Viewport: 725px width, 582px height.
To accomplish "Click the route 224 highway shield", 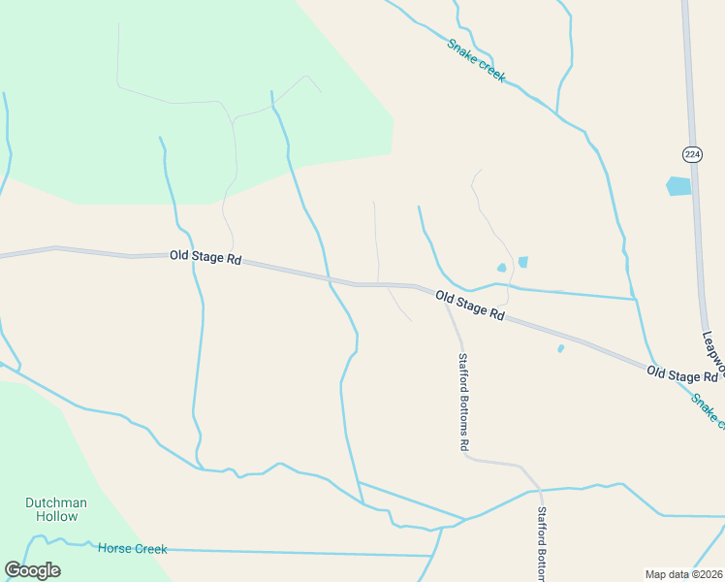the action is point(691,154).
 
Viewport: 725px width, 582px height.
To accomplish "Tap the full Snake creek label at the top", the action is point(476,60).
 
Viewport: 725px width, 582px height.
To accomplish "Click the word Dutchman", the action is point(56,502).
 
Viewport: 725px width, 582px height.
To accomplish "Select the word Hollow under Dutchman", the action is point(56,516).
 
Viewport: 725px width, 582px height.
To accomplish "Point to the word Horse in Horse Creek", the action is point(114,549).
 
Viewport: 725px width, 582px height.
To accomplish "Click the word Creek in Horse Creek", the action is point(150,549).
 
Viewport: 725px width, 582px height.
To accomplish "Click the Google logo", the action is point(32,570).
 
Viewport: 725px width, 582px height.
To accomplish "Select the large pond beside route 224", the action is point(678,185).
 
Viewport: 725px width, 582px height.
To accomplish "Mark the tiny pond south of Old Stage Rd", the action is point(561,348).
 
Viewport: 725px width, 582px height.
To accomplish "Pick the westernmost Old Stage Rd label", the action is point(205,257).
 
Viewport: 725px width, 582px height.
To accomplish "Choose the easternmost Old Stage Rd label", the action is point(682,374).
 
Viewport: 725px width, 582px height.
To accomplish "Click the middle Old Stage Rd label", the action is point(470,306).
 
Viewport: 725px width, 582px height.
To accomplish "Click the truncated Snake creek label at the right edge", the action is point(708,409).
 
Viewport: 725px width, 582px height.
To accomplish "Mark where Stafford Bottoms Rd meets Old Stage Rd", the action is point(446,303).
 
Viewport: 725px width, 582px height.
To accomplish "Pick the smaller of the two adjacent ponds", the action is point(501,268).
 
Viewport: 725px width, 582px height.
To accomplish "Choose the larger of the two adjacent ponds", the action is point(523,262).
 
